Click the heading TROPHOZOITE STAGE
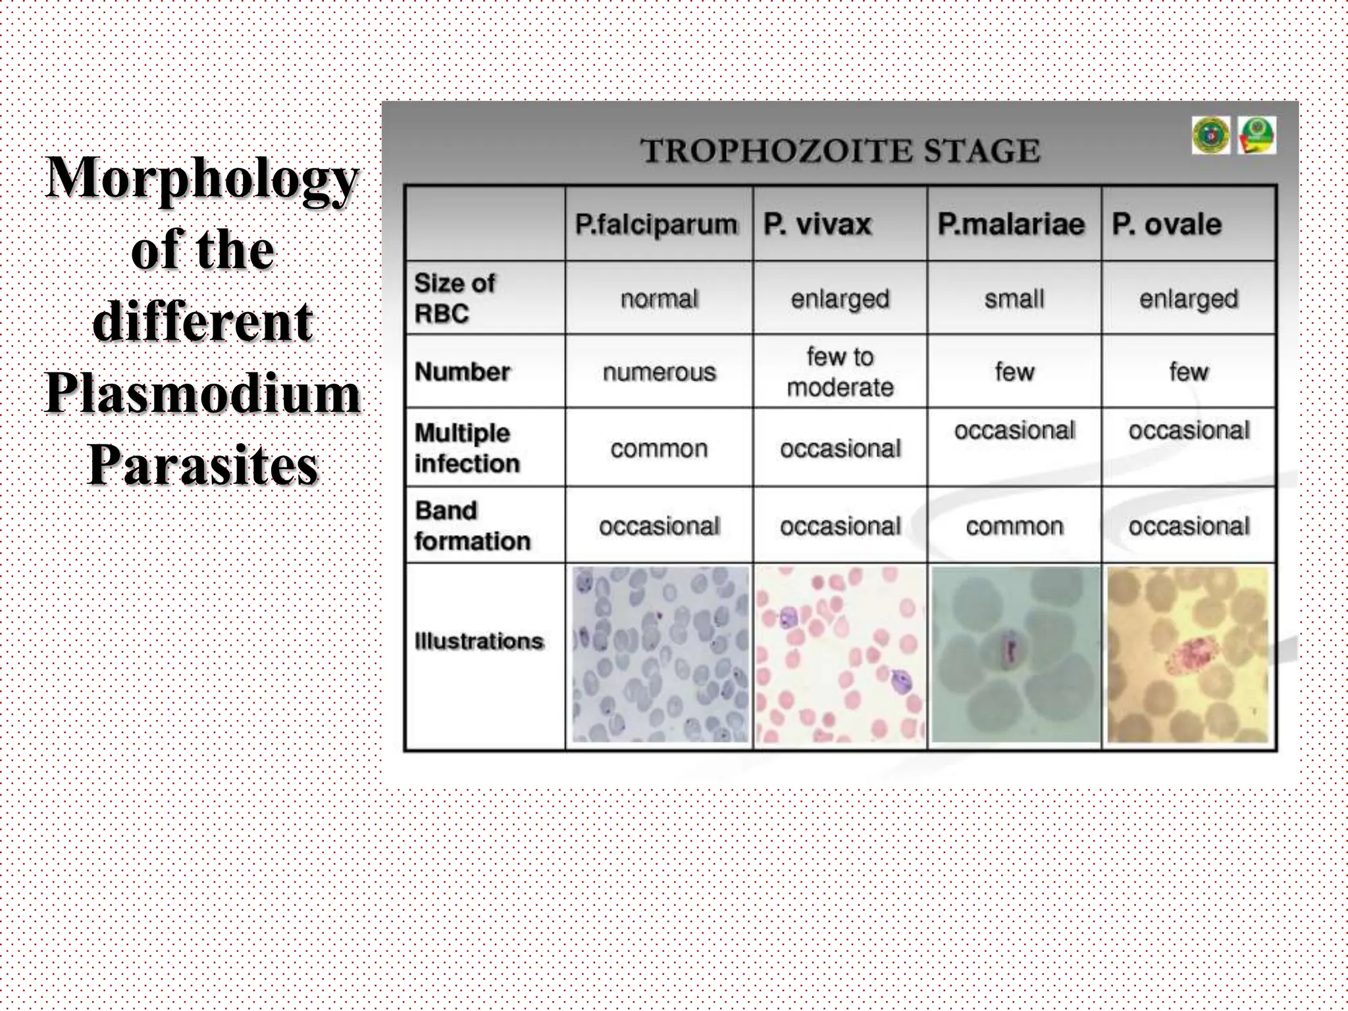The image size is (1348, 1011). click(x=840, y=151)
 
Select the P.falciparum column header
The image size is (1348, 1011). click(x=656, y=224)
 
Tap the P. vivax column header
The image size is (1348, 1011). click(x=817, y=224)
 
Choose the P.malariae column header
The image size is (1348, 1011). click(x=1010, y=224)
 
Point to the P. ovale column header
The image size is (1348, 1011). click(x=1166, y=224)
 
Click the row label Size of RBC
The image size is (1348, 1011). click(x=454, y=298)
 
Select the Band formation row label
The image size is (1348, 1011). click(x=472, y=525)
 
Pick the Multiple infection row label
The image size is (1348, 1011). click(x=467, y=448)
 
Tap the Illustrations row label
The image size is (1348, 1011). click(x=479, y=641)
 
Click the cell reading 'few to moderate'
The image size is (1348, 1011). click(x=840, y=372)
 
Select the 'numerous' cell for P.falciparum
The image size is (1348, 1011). click(x=659, y=373)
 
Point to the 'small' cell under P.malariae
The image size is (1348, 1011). click(x=1014, y=299)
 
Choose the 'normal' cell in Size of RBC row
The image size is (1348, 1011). click(x=659, y=299)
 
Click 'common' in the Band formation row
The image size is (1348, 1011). click(x=1014, y=527)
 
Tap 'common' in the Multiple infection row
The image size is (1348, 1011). click(x=659, y=449)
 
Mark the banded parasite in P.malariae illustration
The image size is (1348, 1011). click(x=1008, y=648)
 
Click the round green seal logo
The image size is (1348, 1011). click(x=1210, y=136)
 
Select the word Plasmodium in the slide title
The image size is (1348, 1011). click(x=203, y=394)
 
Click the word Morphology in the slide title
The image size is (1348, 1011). click(x=203, y=178)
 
